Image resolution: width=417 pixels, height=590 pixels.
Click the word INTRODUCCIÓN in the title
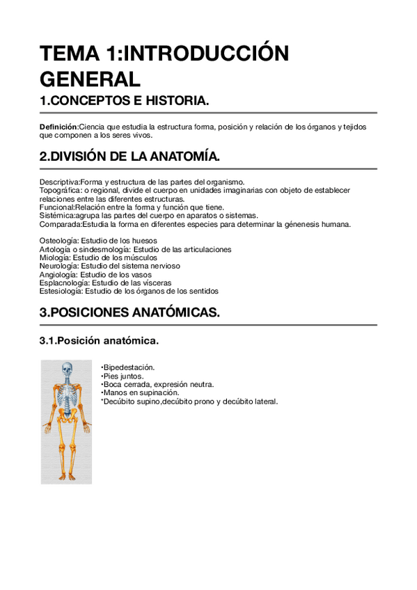click(x=210, y=54)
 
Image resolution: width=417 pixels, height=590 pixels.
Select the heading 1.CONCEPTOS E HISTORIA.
click(x=124, y=102)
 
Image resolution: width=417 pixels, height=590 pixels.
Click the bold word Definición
click(x=58, y=127)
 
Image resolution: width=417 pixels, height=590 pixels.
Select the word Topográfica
click(x=58, y=190)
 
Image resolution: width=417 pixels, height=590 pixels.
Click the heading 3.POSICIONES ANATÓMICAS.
click(x=129, y=313)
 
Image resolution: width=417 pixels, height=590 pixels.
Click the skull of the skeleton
click(x=67, y=369)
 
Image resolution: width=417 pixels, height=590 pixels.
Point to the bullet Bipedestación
click(x=129, y=367)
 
